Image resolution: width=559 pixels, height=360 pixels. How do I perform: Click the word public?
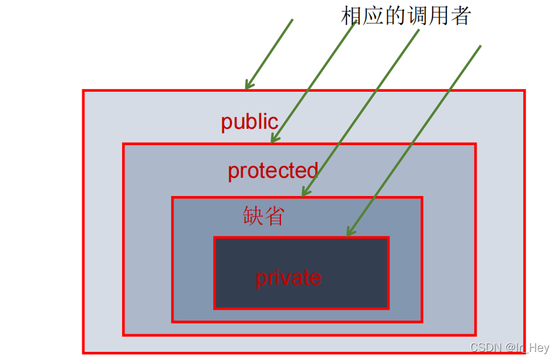point(249,121)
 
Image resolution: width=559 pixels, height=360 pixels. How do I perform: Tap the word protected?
point(272,170)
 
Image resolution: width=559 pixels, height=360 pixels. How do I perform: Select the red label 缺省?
point(263,215)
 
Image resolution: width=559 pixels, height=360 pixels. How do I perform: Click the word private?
point(288,277)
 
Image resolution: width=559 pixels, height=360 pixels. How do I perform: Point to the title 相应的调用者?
point(406,16)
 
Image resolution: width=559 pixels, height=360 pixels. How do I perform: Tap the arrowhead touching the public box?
point(247,87)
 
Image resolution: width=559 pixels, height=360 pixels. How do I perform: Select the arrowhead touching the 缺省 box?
point(304,194)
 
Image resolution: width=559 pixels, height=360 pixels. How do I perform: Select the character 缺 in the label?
point(253,215)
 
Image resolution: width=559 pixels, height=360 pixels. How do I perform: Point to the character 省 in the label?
point(274,215)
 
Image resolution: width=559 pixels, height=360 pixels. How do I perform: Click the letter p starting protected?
point(233,172)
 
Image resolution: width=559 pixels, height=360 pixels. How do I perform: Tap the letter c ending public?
point(274,123)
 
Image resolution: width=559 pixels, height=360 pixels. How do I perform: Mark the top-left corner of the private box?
point(215,238)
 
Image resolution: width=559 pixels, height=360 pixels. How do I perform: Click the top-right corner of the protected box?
point(475,145)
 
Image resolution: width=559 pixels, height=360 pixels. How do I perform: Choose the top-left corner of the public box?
point(84,91)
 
